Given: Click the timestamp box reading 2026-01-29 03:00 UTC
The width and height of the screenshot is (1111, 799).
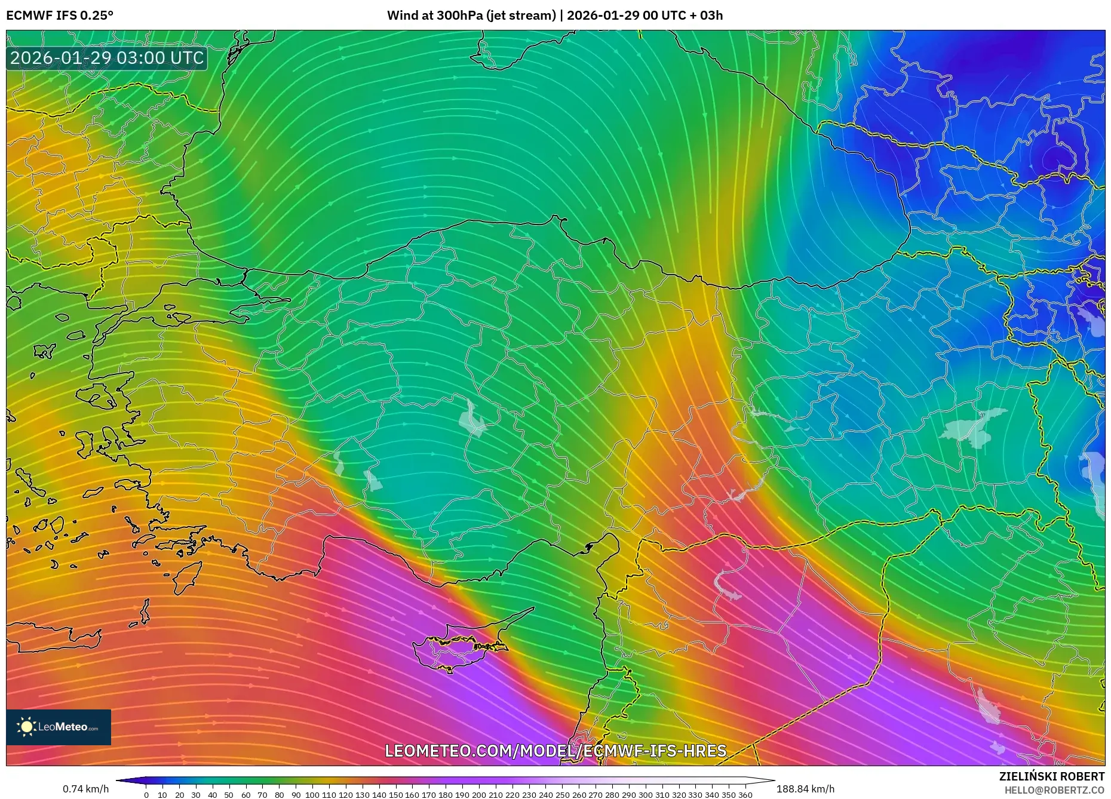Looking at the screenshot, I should coord(107,59).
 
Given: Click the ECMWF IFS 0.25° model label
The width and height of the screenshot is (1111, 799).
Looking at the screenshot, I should coord(60,16).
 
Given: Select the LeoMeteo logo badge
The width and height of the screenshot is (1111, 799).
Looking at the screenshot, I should coord(59,727).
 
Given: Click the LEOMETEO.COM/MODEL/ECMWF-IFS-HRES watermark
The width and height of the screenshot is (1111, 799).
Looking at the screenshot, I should coord(555,751).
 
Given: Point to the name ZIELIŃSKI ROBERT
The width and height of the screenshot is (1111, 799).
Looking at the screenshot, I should coord(1051,776).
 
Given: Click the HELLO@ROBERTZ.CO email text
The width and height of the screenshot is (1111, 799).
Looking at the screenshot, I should coord(1054,790).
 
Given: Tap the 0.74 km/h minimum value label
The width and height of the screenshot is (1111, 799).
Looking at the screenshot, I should coord(86,789).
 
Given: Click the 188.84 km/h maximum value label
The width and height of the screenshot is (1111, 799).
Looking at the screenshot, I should coord(805,789).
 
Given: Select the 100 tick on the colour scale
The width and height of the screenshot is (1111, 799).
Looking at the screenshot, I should coord(312,795).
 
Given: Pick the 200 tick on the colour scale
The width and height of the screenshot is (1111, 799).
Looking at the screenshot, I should coord(478,795).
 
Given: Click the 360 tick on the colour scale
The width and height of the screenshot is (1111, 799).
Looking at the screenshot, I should coord(745,795).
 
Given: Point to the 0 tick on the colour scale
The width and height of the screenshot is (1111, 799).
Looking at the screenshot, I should coord(146,795).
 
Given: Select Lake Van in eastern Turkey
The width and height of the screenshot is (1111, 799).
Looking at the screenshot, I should coord(974,427).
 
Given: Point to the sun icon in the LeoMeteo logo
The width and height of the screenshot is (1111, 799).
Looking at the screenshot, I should coord(26,727).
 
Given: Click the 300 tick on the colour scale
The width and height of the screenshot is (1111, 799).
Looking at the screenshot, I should coord(645,795).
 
